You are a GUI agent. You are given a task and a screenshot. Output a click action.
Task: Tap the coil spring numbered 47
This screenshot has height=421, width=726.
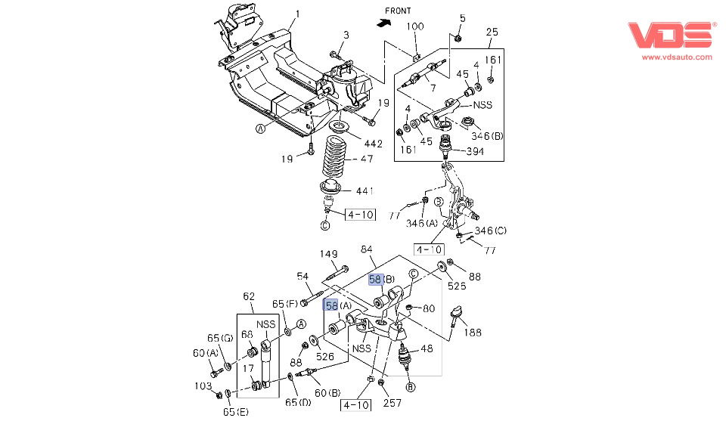pyautogui.click(x=334, y=159)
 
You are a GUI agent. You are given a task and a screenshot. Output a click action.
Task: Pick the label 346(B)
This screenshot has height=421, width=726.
pyautogui.click(x=487, y=136)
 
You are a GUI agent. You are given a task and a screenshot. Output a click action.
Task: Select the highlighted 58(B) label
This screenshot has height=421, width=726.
pyautogui.click(x=382, y=279)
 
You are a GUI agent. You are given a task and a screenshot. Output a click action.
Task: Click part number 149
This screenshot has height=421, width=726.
pyautogui.click(x=328, y=254)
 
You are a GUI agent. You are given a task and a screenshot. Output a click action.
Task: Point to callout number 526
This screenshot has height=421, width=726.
pyautogui.click(x=325, y=356)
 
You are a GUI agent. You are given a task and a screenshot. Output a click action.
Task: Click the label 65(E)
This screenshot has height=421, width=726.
pyautogui.click(x=235, y=411)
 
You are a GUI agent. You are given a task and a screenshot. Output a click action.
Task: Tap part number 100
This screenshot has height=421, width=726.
pyautogui.click(x=415, y=26)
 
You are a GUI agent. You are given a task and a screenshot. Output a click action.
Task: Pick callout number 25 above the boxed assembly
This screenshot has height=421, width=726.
pyautogui.click(x=492, y=32)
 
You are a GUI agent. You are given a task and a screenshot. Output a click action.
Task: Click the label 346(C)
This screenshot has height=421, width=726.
pyautogui.click(x=491, y=231)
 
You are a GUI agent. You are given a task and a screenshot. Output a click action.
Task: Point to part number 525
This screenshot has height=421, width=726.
pyautogui.click(x=456, y=287)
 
